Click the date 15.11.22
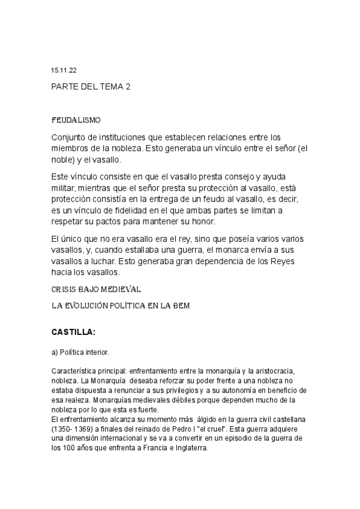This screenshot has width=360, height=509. [64, 70]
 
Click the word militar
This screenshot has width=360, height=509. [65, 188]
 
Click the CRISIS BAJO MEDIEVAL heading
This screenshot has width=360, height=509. [96, 289]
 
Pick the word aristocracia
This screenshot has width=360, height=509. [285, 373]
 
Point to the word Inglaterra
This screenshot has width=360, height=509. [186, 447]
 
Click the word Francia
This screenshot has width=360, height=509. [145, 447]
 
